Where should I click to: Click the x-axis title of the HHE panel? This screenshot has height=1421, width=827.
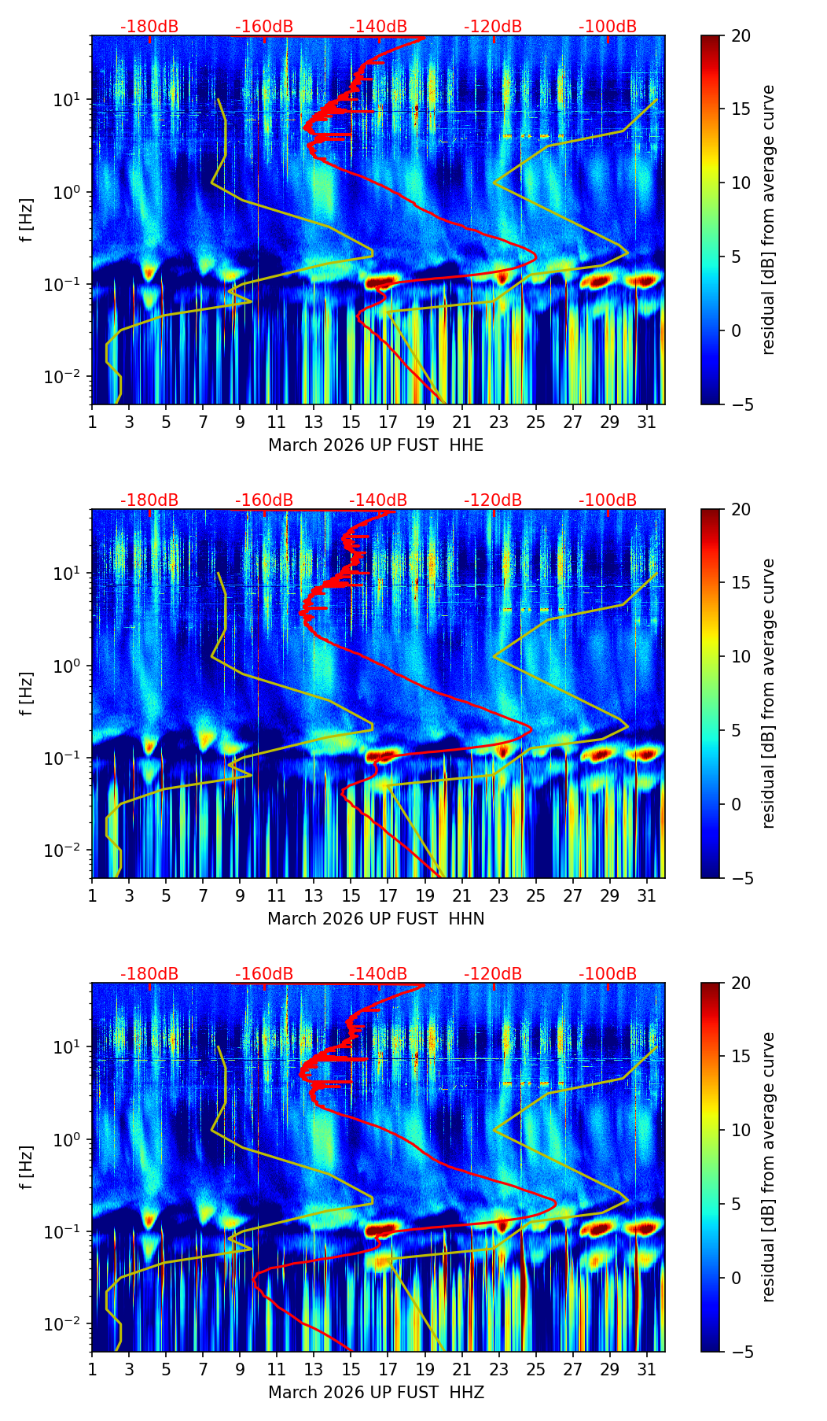point(376,445)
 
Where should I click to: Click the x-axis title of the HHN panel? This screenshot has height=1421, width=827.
point(376,919)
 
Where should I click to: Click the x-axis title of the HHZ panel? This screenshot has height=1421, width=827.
point(376,1393)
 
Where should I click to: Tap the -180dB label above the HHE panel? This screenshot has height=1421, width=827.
point(149,27)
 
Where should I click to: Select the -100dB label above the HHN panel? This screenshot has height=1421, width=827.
point(608,500)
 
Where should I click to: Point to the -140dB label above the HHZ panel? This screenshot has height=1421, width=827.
point(378,974)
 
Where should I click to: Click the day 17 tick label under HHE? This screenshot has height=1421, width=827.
point(388,421)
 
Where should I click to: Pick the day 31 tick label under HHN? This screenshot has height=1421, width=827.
point(646,895)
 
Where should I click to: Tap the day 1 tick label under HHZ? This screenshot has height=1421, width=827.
point(92,1368)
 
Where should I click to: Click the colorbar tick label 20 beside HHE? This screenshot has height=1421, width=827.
point(741,35)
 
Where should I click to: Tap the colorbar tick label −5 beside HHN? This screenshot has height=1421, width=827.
point(740,878)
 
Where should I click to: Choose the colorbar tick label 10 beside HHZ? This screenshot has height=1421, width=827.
point(741,1130)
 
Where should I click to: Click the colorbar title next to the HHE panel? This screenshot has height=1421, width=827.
point(768,220)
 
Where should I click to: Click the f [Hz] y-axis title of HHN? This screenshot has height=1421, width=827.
point(28,693)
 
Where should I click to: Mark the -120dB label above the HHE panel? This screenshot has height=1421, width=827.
point(493,27)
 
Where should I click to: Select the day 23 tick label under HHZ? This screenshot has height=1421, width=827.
point(498,1368)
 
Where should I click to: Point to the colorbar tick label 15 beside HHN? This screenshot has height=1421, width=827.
point(741,582)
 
